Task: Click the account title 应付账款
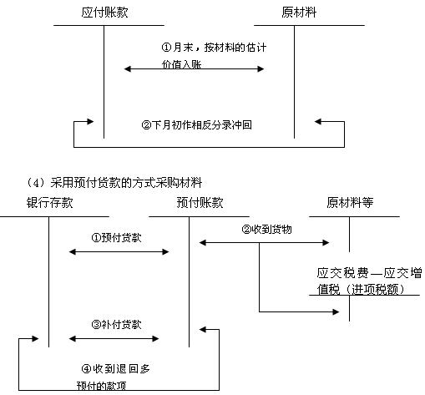tap(104, 13)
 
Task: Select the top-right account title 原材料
tap(299, 13)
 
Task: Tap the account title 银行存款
tap(50, 203)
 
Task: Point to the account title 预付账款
tap(200, 203)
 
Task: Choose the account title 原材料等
tap(350, 203)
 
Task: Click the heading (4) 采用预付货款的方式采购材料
tap(114, 183)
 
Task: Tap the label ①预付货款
tap(116, 238)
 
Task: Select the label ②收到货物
tap(266, 230)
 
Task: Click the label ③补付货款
tap(116, 324)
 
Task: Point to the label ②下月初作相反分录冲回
tap(196, 124)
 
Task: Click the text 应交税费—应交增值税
tap(369, 281)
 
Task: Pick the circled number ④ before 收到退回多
tap(87, 369)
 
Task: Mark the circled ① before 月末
tap(166, 48)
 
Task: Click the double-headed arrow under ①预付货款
tap(119, 252)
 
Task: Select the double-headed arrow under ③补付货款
tap(114, 339)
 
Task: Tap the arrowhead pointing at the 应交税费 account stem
tap(336, 311)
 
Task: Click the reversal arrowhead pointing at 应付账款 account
tap(90, 122)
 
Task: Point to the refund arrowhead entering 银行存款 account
tap(35, 339)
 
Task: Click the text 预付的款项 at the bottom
tap(101, 386)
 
